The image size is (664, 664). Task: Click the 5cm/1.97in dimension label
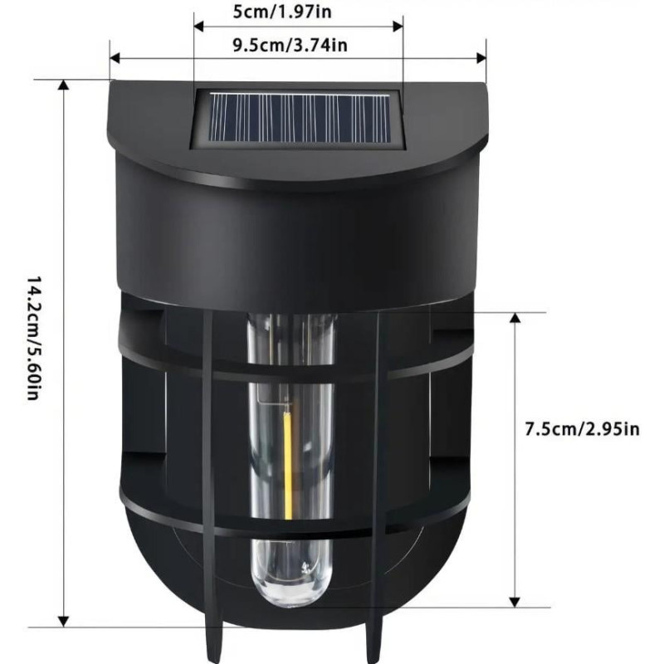coord(282,12)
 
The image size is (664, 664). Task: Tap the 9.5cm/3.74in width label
coord(290,45)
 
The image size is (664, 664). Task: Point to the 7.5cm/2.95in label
coord(583,429)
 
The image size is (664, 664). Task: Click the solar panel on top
coord(298,119)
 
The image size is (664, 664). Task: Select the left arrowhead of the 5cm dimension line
coord(198,26)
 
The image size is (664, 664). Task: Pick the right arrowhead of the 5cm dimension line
coord(398,26)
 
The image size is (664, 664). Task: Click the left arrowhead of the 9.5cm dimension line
coord(115,58)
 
